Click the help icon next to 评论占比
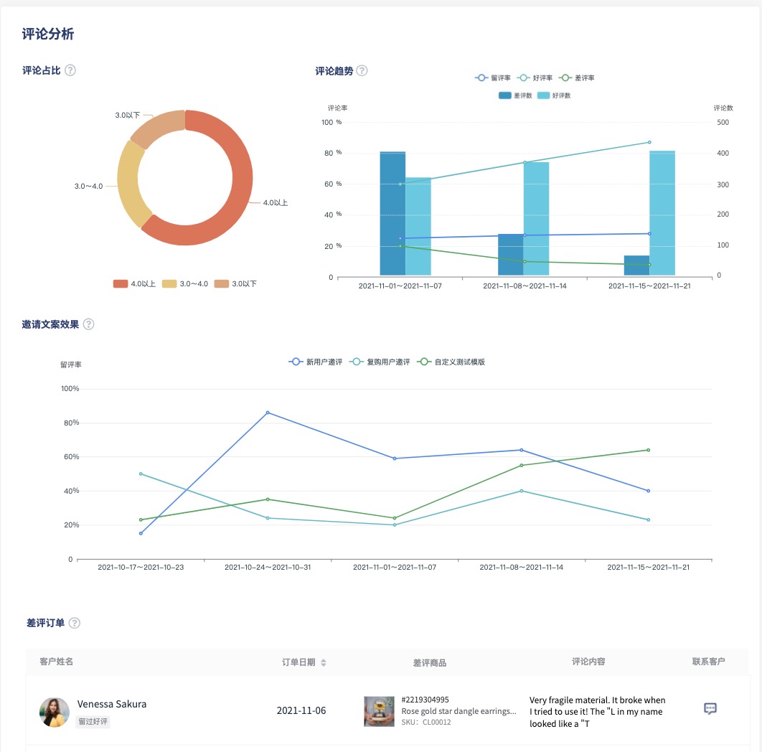tap(70, 70)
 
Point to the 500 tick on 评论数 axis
tap(723, 123)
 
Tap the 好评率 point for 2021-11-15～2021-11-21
tap(649, 142)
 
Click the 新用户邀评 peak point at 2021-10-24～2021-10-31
tap(268, 413)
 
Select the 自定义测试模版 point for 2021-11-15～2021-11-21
tap(649, 450)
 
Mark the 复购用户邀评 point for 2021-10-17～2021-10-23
tap(141, 474)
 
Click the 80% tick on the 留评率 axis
tap(70, 423)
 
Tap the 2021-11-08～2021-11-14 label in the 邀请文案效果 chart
tap(522, 567)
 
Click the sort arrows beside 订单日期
tap(324, 662)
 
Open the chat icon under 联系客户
tap(710, 709)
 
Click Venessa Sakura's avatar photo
tap(55, 712)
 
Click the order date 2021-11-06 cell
tap(301, 710)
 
